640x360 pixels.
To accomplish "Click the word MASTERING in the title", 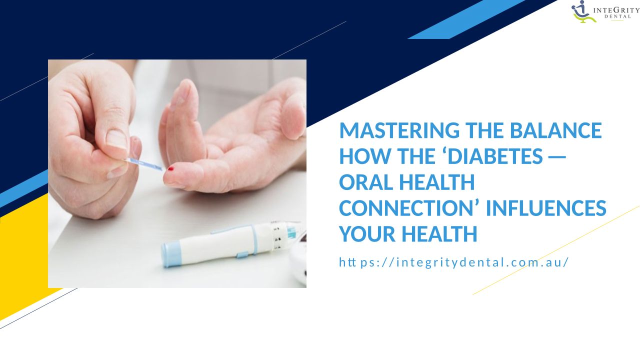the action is (399, 130).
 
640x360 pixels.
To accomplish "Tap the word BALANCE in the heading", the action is (555, 130).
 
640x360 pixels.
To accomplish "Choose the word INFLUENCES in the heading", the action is (545, 208).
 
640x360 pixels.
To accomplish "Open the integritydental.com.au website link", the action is (453, 262).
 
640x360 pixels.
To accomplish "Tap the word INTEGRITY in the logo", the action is (616, 10).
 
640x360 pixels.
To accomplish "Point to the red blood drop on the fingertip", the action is (170, 169).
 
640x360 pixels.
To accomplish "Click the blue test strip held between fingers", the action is (145, 163).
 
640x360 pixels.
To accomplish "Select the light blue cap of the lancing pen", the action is (171, 255).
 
